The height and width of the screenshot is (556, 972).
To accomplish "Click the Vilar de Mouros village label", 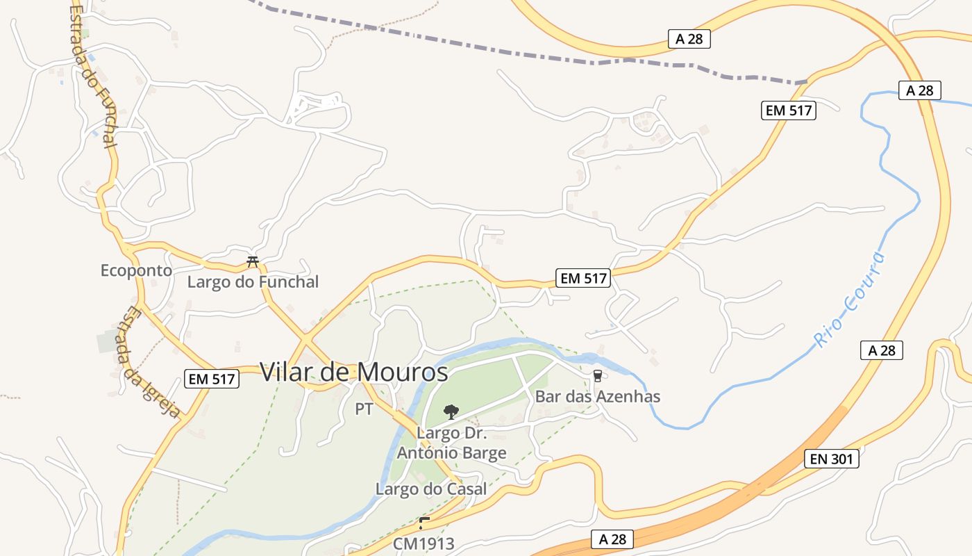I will (354, 373).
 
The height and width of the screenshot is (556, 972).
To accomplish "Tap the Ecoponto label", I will (136, 270).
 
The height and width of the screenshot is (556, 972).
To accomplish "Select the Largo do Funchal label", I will (253, 282).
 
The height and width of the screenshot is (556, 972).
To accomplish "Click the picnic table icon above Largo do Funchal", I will (253, 262).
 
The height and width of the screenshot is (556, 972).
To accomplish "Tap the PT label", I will (364, 409).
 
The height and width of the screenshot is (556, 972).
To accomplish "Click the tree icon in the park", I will (451, 411).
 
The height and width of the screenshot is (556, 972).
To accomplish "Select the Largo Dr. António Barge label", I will (451, 443).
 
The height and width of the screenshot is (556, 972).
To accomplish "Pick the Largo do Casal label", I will (431, 489).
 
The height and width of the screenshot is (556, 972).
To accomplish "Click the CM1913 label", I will (424, 543).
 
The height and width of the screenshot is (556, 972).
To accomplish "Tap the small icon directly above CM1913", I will (424, 523).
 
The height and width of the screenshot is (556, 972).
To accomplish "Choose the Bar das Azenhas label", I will (597, 397).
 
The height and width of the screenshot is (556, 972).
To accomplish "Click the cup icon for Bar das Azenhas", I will (597, 376).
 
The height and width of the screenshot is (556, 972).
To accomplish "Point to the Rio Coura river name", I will (850, 300).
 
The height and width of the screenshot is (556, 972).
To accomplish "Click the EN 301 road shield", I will (831, 459).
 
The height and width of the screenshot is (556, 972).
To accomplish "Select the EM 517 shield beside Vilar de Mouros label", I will (212, 379).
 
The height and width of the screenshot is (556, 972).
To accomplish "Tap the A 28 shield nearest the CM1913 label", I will (612, 539).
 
